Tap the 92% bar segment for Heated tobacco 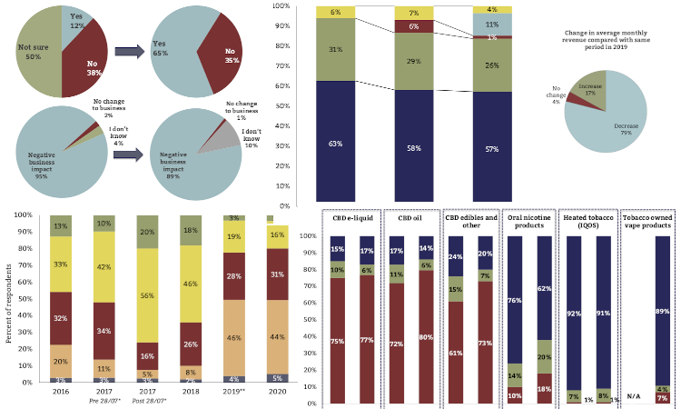point(573,314)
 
